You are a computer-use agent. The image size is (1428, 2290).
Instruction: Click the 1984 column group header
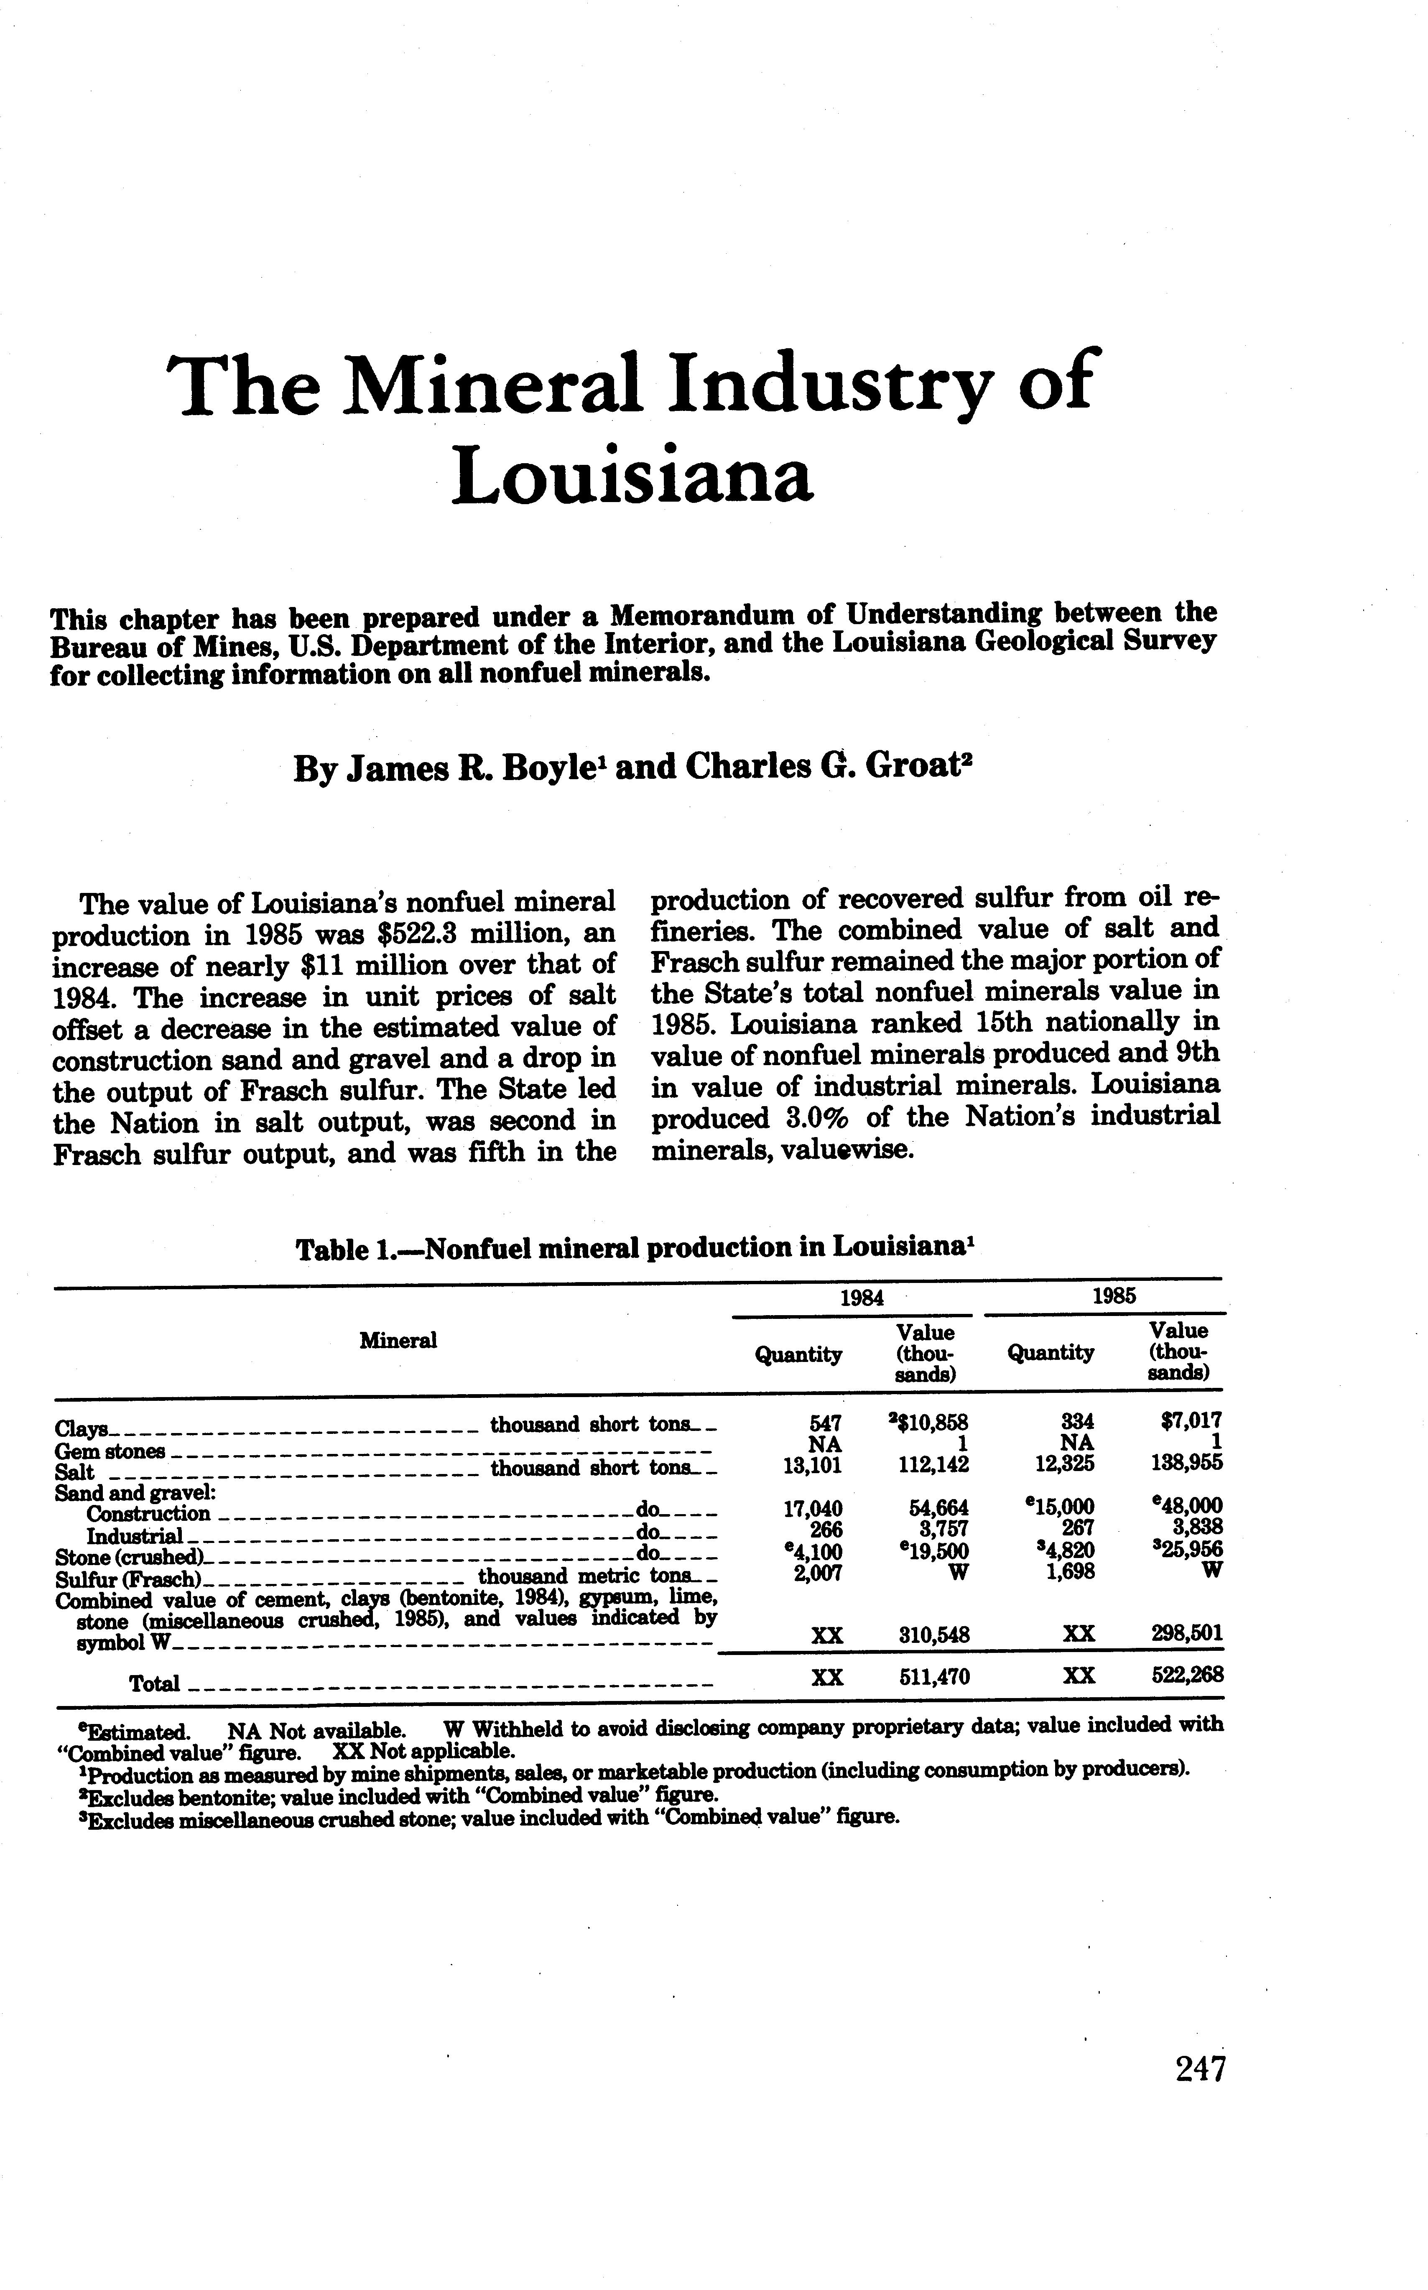861,1297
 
